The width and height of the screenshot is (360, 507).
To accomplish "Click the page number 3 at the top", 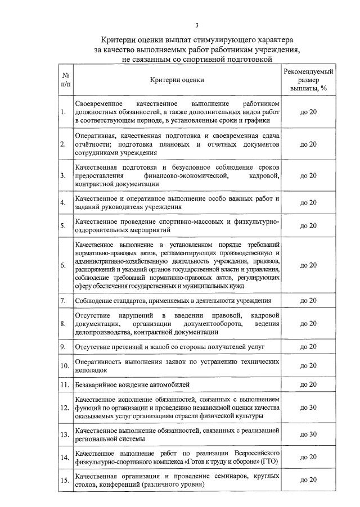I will [x=197, y=25].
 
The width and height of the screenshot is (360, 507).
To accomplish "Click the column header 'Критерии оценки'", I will [x=177, y=80].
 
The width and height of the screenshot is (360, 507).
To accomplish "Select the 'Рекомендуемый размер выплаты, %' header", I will [x=308, y=80].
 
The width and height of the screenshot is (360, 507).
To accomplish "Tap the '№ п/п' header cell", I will [x=66, y=80].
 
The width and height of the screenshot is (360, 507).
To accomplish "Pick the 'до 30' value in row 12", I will [x=308, y=407].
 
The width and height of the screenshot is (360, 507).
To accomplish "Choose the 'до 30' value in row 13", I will [x=308, y=434].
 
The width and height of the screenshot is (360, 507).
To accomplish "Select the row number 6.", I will [x=64, y=265].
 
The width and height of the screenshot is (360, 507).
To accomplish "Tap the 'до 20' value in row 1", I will [x=308, y=112].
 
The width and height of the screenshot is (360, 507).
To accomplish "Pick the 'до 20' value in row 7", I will [x=308, y=301].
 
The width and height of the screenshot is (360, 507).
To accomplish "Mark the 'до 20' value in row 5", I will [x=308, y=226].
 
